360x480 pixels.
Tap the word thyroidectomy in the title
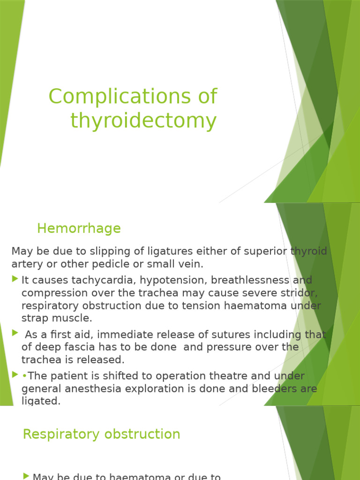pyautogui.click(x=143, y=120)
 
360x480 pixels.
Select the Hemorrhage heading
pyautogui.click(x=79, y=228)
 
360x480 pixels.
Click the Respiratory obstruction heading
pyautogui.click(x=101, y=434)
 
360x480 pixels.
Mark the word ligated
pyautogui.click(x=41, y=401)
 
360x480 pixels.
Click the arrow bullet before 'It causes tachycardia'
pyautogui.click(x=15, y=279)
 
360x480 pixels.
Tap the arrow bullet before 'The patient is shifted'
pyautogui.click(x=15, y=375)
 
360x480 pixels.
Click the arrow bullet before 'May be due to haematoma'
pyautogui.click(x=26, y=476)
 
